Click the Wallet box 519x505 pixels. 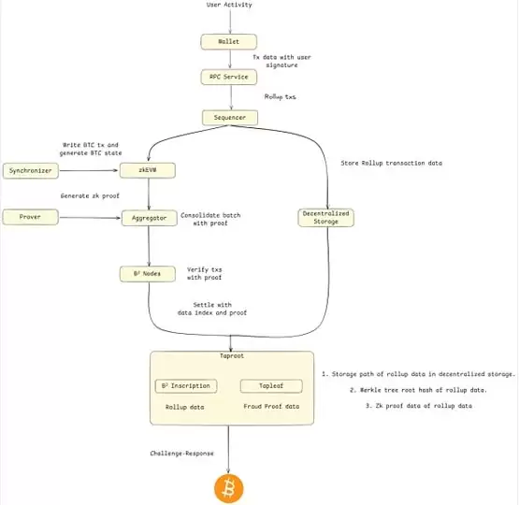coord(227,42)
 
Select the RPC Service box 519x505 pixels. coord(227,77)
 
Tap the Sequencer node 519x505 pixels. coord(227,117)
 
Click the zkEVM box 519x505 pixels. coord(148,170)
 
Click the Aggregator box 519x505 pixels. coord(148,217)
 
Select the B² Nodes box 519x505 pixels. coord(148,274)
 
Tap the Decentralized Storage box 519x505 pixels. coord(326,217)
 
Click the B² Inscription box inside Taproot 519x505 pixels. coord(185,385)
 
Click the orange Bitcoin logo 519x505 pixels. coord(227,486)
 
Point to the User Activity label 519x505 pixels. coord(227,6)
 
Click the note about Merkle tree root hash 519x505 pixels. coord(418,389)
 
